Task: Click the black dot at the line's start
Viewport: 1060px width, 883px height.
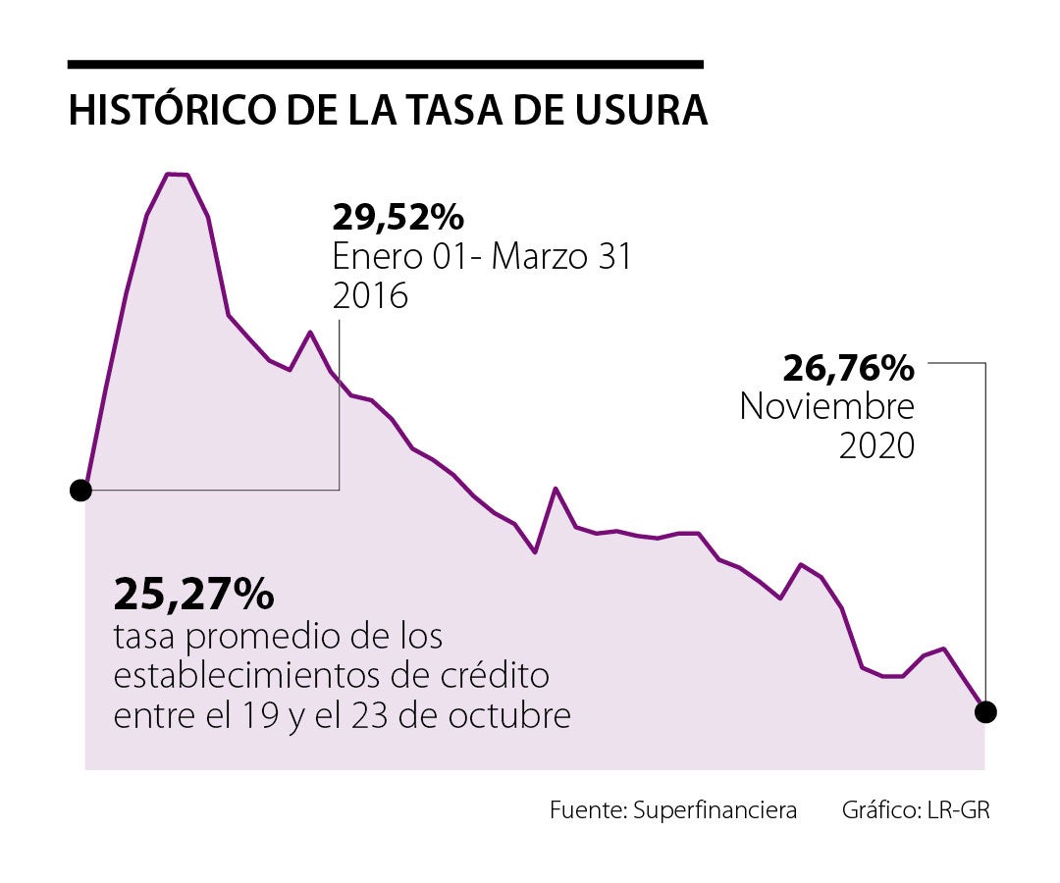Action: [x=81, y=490]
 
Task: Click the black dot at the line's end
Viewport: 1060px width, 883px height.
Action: [x=986, y=711]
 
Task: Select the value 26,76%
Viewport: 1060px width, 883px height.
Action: [x=848, y=369]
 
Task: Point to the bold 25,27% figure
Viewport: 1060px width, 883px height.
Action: [x=193, y=594]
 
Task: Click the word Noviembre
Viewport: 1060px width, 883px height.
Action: [x=826, y=406]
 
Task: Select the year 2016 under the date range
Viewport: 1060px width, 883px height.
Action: [x=370, y=295]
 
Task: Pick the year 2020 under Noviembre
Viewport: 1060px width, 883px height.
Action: [x=876, y=445]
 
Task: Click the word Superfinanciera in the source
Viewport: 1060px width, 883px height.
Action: [x=715, y=811]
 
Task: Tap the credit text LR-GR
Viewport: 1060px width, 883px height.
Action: [x=964, y=811]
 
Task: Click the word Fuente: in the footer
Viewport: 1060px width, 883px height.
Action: [x=588, y=811]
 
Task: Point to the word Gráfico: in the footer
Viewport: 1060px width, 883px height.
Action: [x=879, y=811]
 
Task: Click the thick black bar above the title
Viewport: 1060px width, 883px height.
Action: [x=385, y=65]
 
